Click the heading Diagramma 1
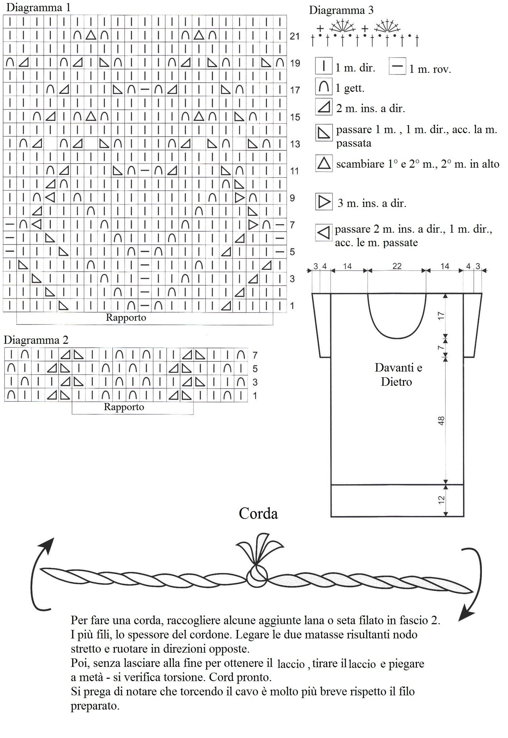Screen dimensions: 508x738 click(x=38, y=7)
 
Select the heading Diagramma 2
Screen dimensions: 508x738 click(x=36, y=340)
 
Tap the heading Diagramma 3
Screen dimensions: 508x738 click(x=341, y=10)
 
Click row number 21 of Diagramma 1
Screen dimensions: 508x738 click(x=294, y=36)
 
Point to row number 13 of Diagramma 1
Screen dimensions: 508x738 click(x=295, y=144)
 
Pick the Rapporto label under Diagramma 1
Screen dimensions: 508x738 click(x=126, y=318)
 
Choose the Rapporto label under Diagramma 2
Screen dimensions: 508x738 click(x=124, y=407)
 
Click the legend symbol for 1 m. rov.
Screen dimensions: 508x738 click(x=397, y=66)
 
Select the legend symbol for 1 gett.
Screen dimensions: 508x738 click(x=324, y=86)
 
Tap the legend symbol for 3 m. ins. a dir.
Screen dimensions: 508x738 click(x=324, y=202)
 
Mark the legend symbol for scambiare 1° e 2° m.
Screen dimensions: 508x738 click(x=324, y=163)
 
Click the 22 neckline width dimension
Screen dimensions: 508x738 click(x=397, y=266)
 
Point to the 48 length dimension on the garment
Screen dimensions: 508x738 click(x=441, y=421)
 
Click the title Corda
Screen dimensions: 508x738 click(x=258, y=513)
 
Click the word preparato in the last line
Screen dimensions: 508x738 click(x=95, y=707)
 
